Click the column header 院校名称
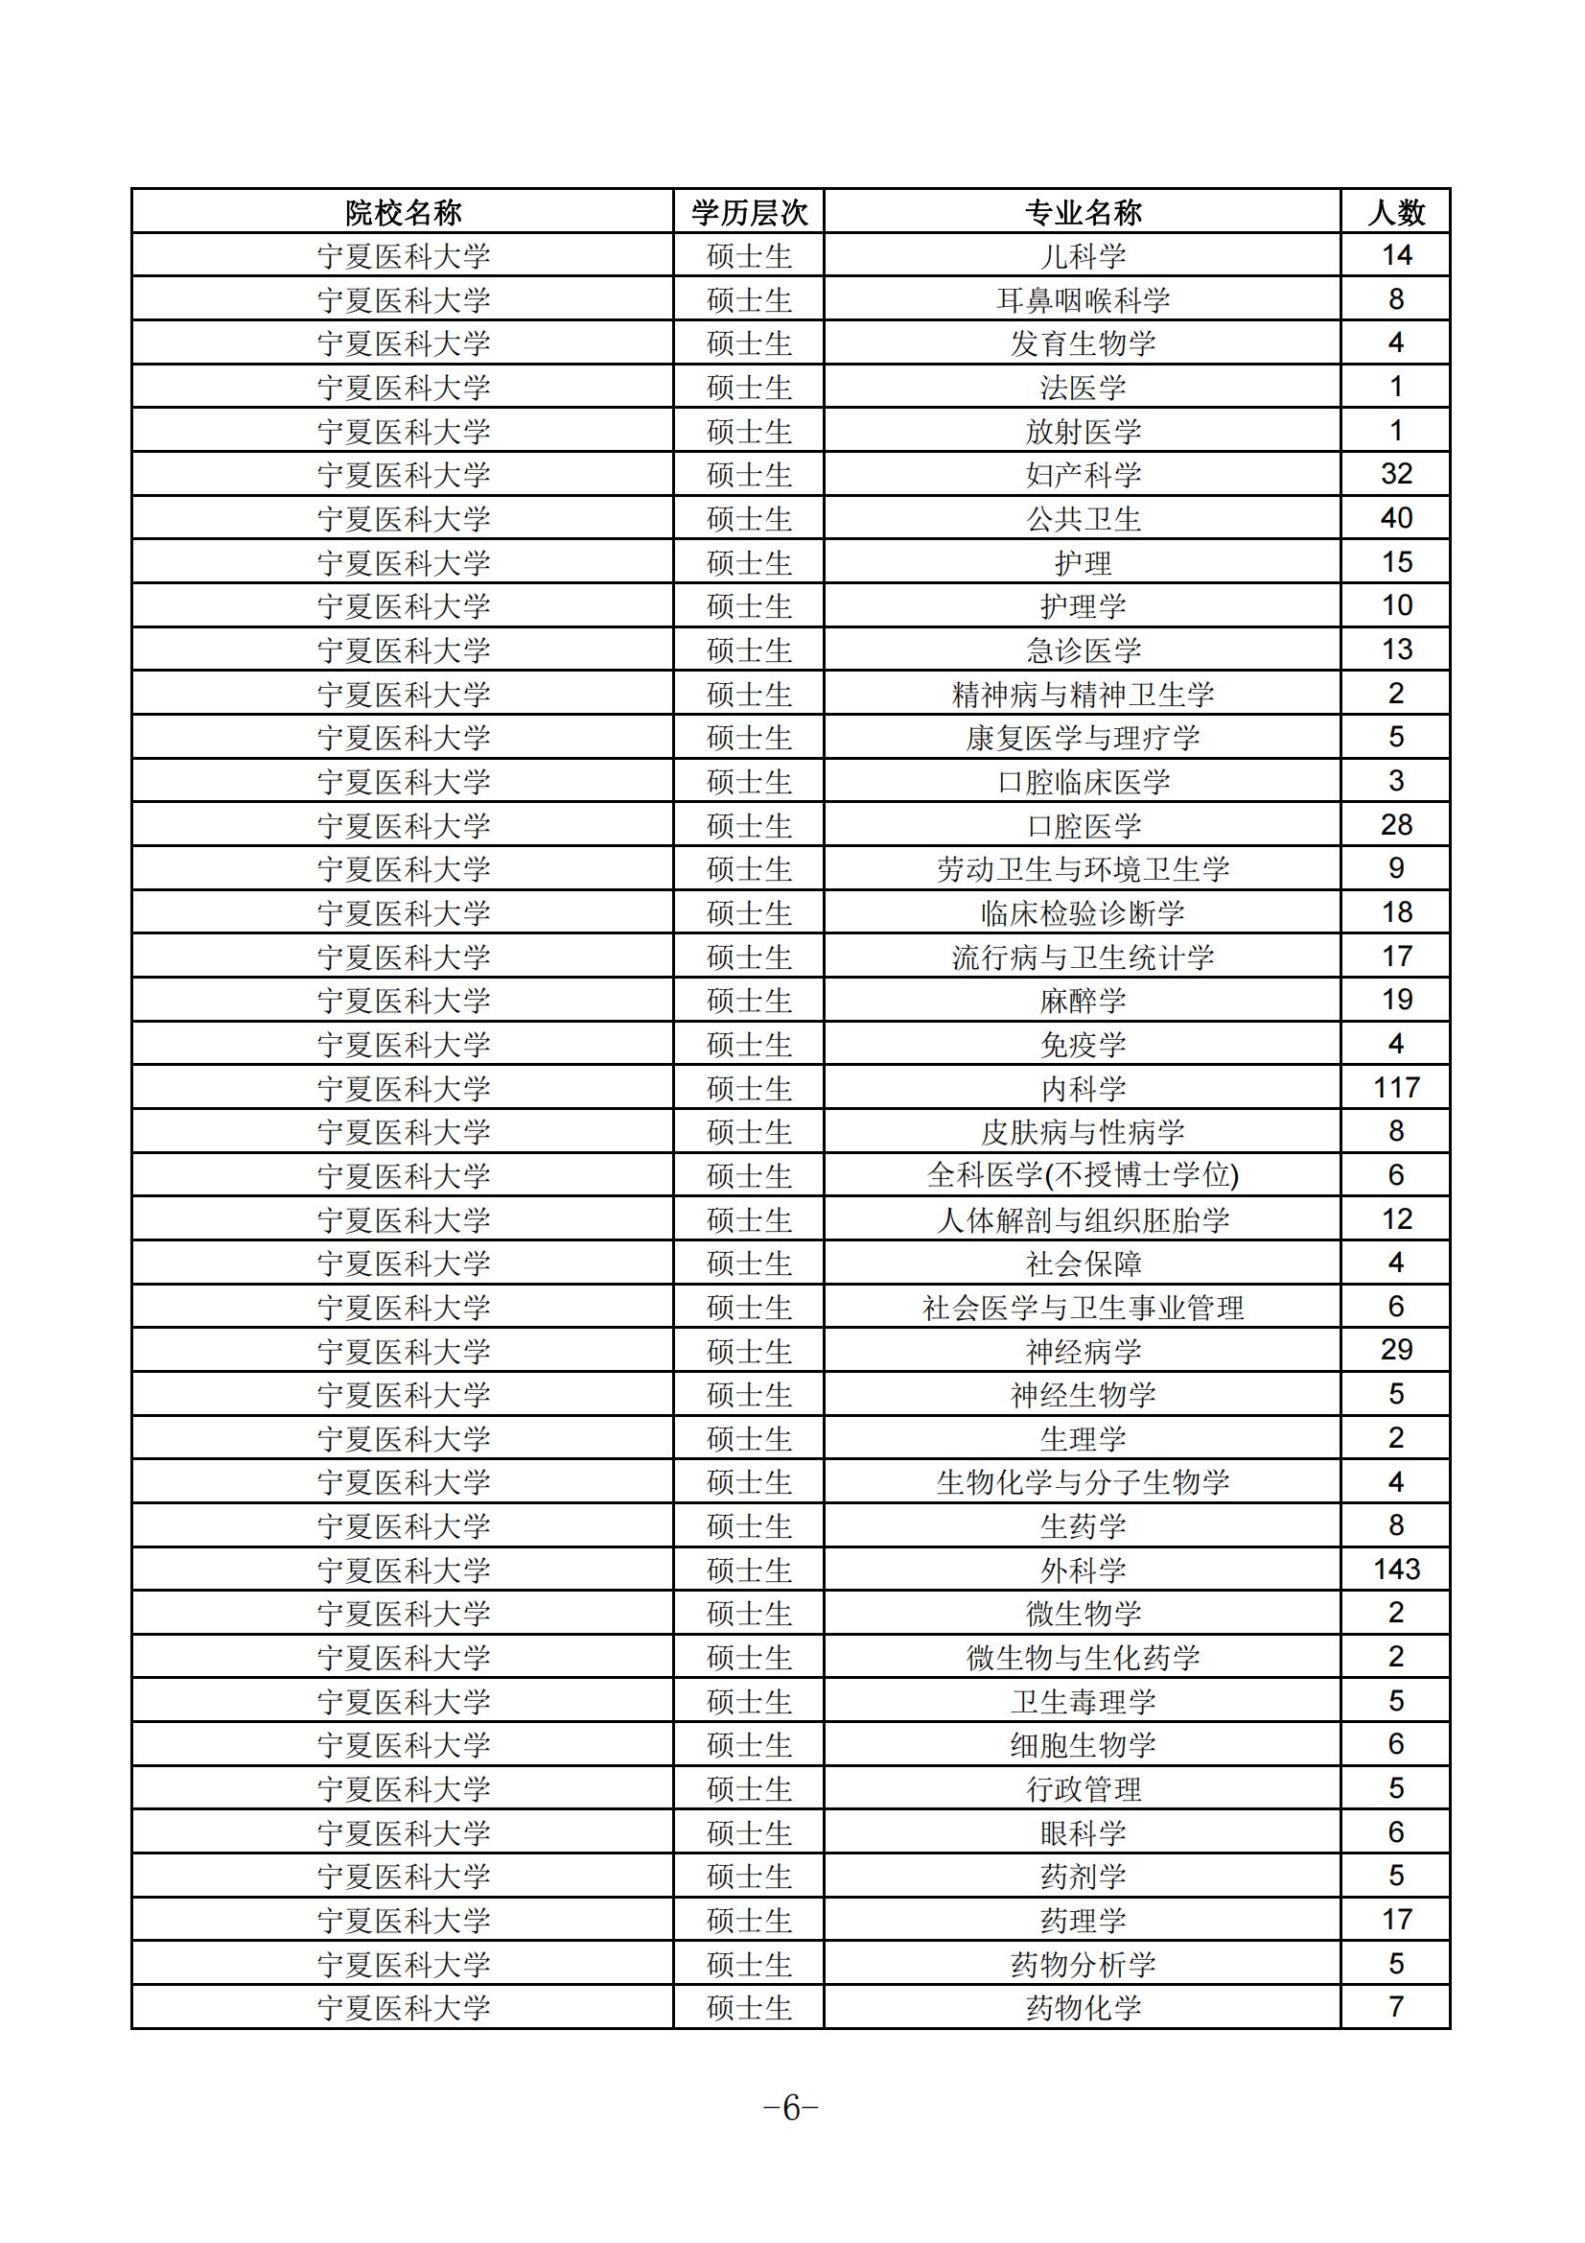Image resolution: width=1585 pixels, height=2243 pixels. tap(403, 212)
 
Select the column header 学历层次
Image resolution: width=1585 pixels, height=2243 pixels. tap(749, 212)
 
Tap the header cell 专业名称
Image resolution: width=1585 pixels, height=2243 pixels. tap(1082, 212)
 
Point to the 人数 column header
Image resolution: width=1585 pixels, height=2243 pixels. tap(1395, 212)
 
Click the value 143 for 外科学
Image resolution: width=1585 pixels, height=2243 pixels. tap(1395, 1569)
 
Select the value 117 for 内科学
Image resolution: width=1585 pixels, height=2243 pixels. tap(1395, 1087)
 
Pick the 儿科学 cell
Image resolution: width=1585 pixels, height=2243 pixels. tap(1082, 256)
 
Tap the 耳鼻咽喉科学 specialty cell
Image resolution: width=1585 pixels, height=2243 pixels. tap(1082, 300)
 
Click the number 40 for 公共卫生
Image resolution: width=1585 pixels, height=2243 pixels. tap(1395, 518)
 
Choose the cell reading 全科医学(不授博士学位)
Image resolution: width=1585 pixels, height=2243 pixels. tap(1082, 1175)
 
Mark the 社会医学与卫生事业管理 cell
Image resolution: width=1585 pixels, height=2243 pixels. tap(1082, 1307)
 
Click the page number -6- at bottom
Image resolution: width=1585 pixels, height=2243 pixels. tap(791, 2108)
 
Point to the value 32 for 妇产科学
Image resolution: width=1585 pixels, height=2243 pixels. tap(1395, 474)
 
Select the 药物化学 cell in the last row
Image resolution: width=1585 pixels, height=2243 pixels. tap(1082, 2008)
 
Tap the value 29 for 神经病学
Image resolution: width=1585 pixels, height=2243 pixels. tap(1395, 1350)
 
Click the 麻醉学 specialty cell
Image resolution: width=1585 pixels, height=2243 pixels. tap(1082, 1001)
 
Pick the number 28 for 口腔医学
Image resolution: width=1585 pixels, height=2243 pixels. tap(1395, 824)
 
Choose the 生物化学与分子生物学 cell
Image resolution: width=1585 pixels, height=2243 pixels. tap(1082, 1482)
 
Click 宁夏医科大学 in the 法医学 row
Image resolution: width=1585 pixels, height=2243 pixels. tap(403, 388)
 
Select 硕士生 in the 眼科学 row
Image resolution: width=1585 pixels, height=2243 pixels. tap(749, 1832)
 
